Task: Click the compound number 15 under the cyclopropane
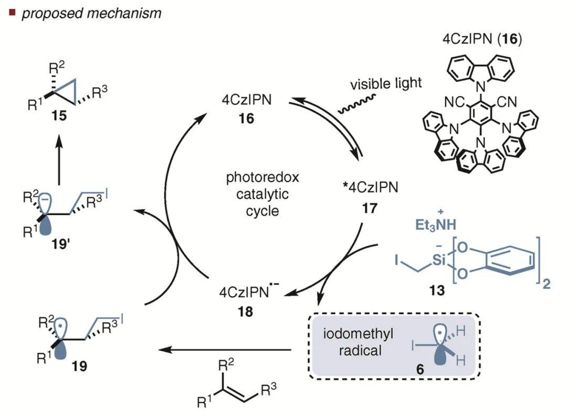coord(59,116)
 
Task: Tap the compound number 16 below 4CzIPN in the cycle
coord(246,118)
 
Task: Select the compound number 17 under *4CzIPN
coord(370,208)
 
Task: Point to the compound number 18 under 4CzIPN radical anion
coord(246,311)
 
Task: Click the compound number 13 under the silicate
coord(437,290)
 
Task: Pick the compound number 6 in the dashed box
coord(420,369)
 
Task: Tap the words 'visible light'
coord(386,84)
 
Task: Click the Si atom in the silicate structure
coord(438,260)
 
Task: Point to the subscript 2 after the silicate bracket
coord(547,284)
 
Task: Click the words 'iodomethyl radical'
coord(358,342)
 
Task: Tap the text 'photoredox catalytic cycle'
coord(262,194)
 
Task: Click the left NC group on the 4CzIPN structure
coord(454,102)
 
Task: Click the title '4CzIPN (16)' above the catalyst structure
coord(482,39)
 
